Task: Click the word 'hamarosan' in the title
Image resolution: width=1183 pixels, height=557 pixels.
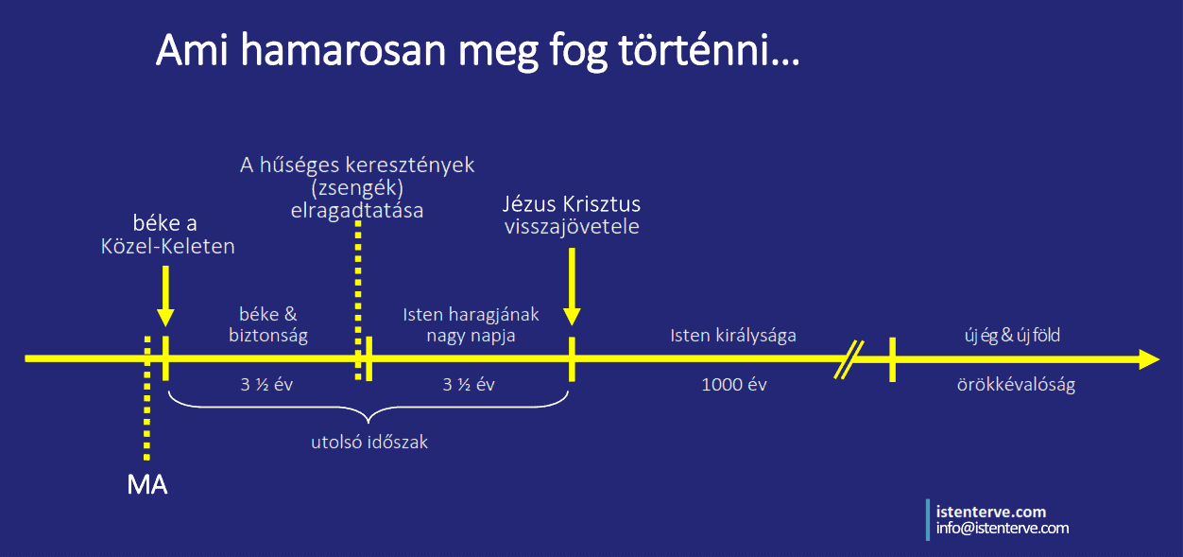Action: (x=344, y=51)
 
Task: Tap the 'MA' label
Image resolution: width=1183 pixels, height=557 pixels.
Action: (x=147, y=485)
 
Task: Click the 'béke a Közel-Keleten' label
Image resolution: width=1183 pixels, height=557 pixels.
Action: (x=167, y=235)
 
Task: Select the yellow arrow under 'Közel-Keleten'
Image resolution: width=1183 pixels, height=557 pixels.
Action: (x=165, y=296)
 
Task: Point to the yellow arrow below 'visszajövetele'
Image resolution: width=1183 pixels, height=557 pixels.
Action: (x=572, y=287)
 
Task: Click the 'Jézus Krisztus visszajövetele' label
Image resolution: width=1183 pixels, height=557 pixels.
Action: (x=572, y=215)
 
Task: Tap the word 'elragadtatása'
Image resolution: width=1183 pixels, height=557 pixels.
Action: (x=357, y=211)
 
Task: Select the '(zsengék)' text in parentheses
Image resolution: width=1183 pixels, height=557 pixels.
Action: (x=357, y=187)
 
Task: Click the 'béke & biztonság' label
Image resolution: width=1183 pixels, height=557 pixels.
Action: (x=268, y=324)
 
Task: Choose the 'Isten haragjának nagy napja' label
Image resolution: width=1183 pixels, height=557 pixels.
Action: (x=471, y=324)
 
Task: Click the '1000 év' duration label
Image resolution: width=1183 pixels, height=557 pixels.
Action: (x=734, y=384)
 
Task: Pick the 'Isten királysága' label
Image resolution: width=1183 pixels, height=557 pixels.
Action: (x=733, y=336)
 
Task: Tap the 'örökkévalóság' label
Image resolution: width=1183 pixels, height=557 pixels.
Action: (x=1016, y=384)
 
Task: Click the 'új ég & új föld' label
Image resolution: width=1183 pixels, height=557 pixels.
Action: (x=1012, y=335)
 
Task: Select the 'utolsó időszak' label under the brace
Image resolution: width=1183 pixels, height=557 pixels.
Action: (x=369, y=442)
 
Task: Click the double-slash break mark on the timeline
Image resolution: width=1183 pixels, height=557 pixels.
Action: (x=849, y=360)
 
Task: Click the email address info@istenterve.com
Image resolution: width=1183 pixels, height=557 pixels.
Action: (x=1003, y=528)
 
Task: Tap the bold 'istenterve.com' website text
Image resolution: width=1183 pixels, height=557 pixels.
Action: (x=991, y=512)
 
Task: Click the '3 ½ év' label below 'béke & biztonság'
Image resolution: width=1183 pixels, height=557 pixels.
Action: (x=266, y=384)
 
